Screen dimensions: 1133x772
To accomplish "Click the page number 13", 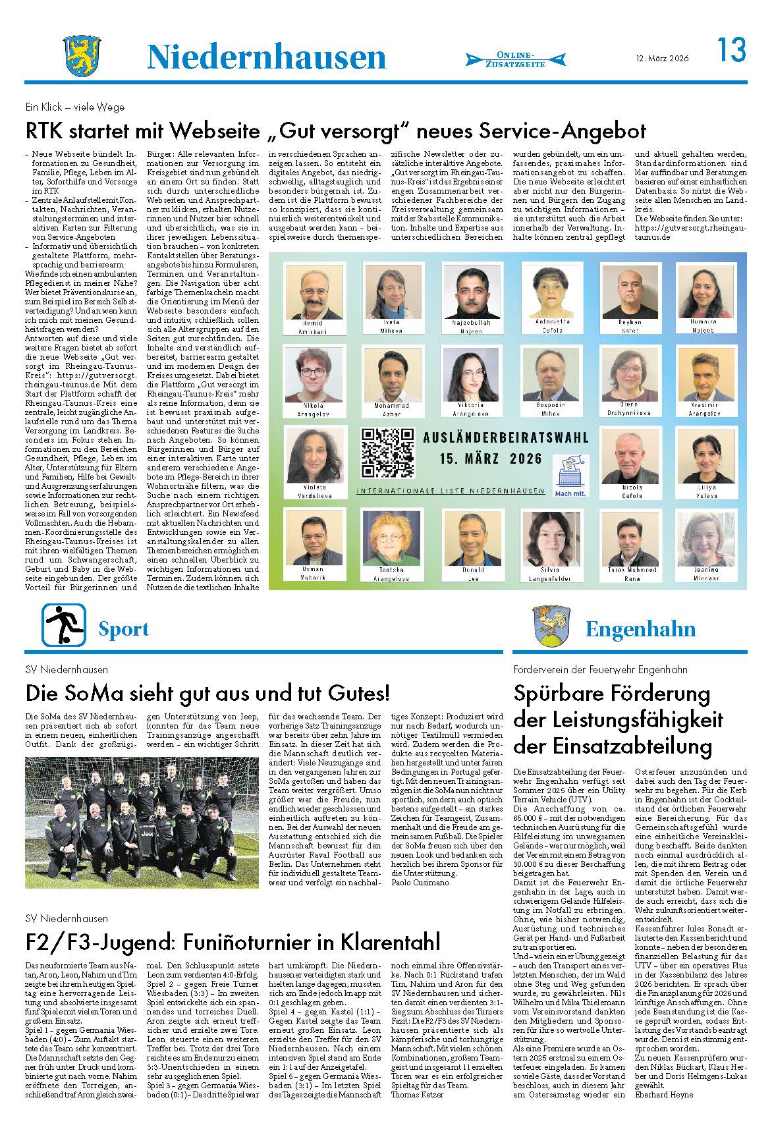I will [731, 50].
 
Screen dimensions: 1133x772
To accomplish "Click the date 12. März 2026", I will [663, 58].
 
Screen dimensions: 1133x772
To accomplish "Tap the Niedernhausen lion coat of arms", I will [80, 57].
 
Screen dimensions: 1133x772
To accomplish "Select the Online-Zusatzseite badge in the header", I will [515, 59].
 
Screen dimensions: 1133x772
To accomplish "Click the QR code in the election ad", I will [388, 452].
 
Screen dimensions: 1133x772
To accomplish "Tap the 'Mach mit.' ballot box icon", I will [570, 472].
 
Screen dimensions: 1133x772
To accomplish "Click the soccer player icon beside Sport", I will [65, 624].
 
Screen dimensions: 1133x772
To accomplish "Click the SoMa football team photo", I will [142, 822].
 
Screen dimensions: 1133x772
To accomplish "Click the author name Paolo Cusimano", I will [420, 881].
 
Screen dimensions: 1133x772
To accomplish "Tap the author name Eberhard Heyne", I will [664, 1095].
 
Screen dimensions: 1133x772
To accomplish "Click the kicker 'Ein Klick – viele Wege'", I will [74, 107].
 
